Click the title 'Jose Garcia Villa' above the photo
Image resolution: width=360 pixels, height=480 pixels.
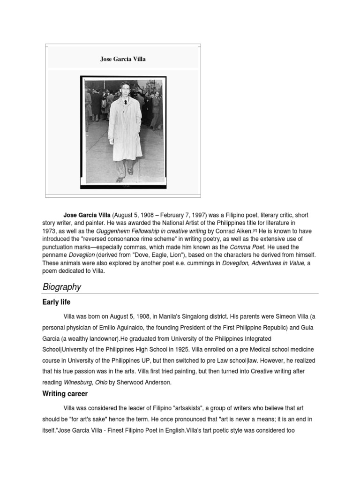tap(123, 59)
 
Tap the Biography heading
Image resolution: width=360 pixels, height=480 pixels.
tap(61, 287)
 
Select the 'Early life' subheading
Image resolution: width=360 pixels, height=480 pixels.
tap(56, 302)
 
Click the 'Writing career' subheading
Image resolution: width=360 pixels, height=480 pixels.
tap(65, 394)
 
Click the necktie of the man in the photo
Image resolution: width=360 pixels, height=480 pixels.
tap(125, 102)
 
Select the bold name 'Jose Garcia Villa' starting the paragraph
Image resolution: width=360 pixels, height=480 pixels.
tap(87, 215)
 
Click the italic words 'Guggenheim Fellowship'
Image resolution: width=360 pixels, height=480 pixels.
tap(128, 231)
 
